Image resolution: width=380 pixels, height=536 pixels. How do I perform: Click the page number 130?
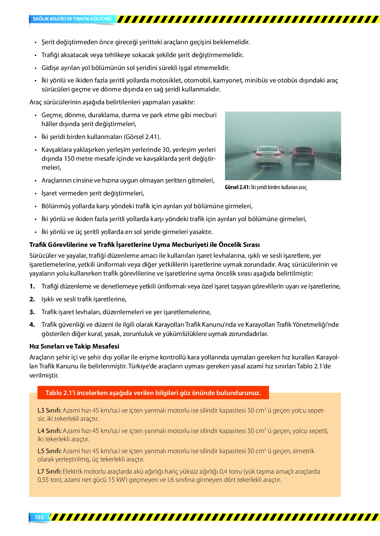pyautogui.click(x=39, y=517)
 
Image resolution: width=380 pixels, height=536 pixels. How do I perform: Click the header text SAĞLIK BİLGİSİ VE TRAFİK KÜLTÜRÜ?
pyautogui.click(x=72, y=19)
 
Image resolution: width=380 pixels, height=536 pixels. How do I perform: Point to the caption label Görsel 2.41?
pyautogui.click(x=237, y=187)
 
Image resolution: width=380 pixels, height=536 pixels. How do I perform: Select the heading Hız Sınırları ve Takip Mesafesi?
pyautogui.click(x=74, y=346)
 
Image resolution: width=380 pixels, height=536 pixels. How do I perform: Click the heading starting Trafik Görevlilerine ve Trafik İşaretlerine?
pyautogui.click(x=144, y=245)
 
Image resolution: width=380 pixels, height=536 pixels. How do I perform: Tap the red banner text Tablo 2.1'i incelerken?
pyautogui.click(x=153, y=393)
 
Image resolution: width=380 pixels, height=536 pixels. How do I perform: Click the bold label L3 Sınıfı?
pyautogui.click(x=49, y=410)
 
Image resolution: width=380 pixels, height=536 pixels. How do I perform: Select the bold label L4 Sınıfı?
pyautogui.click(x=49, y=431)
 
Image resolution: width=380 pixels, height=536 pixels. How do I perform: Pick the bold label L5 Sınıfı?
pyautogui.click(x=49, y=451)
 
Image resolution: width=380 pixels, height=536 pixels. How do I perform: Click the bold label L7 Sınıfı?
pyautogui.click(x=49, y=471)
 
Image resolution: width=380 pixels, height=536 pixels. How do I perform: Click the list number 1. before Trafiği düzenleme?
pyautogui.click(x=32, y=286)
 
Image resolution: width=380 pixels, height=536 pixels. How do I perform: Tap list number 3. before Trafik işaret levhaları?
pyautogui.click(x=32, y=312)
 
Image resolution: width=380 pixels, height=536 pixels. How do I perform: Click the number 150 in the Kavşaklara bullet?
pyautogui.click(x=69, y=158)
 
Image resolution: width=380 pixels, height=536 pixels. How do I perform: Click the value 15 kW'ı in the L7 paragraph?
pyautogui.click(x=118, y=480)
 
